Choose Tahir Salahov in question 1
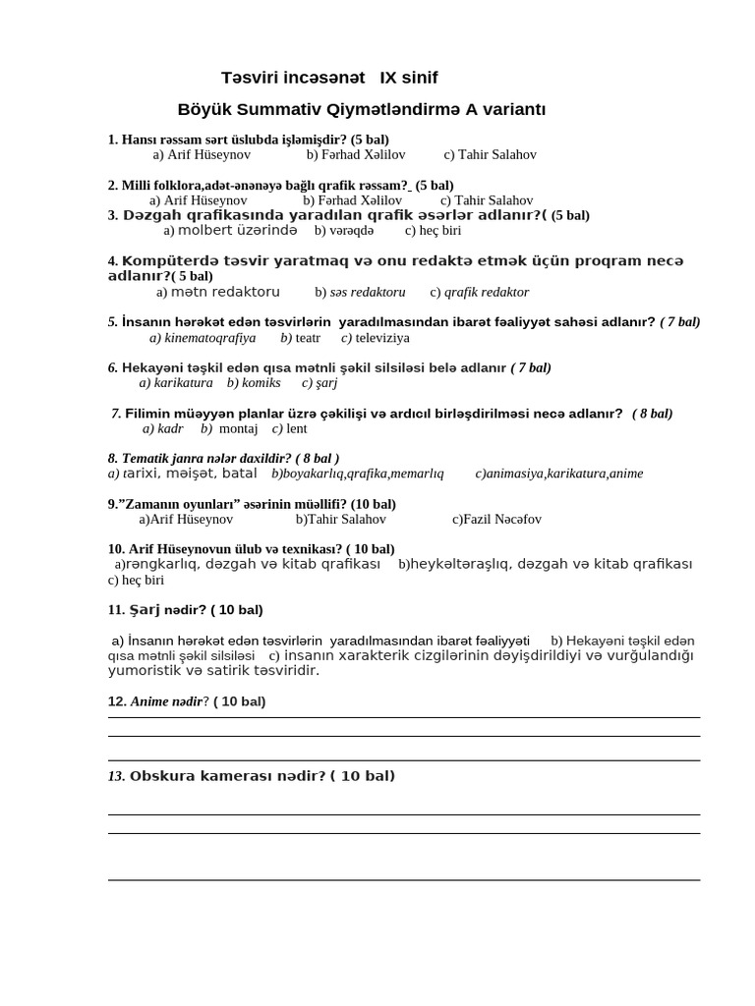(490, 154)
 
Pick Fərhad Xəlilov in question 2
(352, 199)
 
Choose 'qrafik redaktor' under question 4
(479, 292)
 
